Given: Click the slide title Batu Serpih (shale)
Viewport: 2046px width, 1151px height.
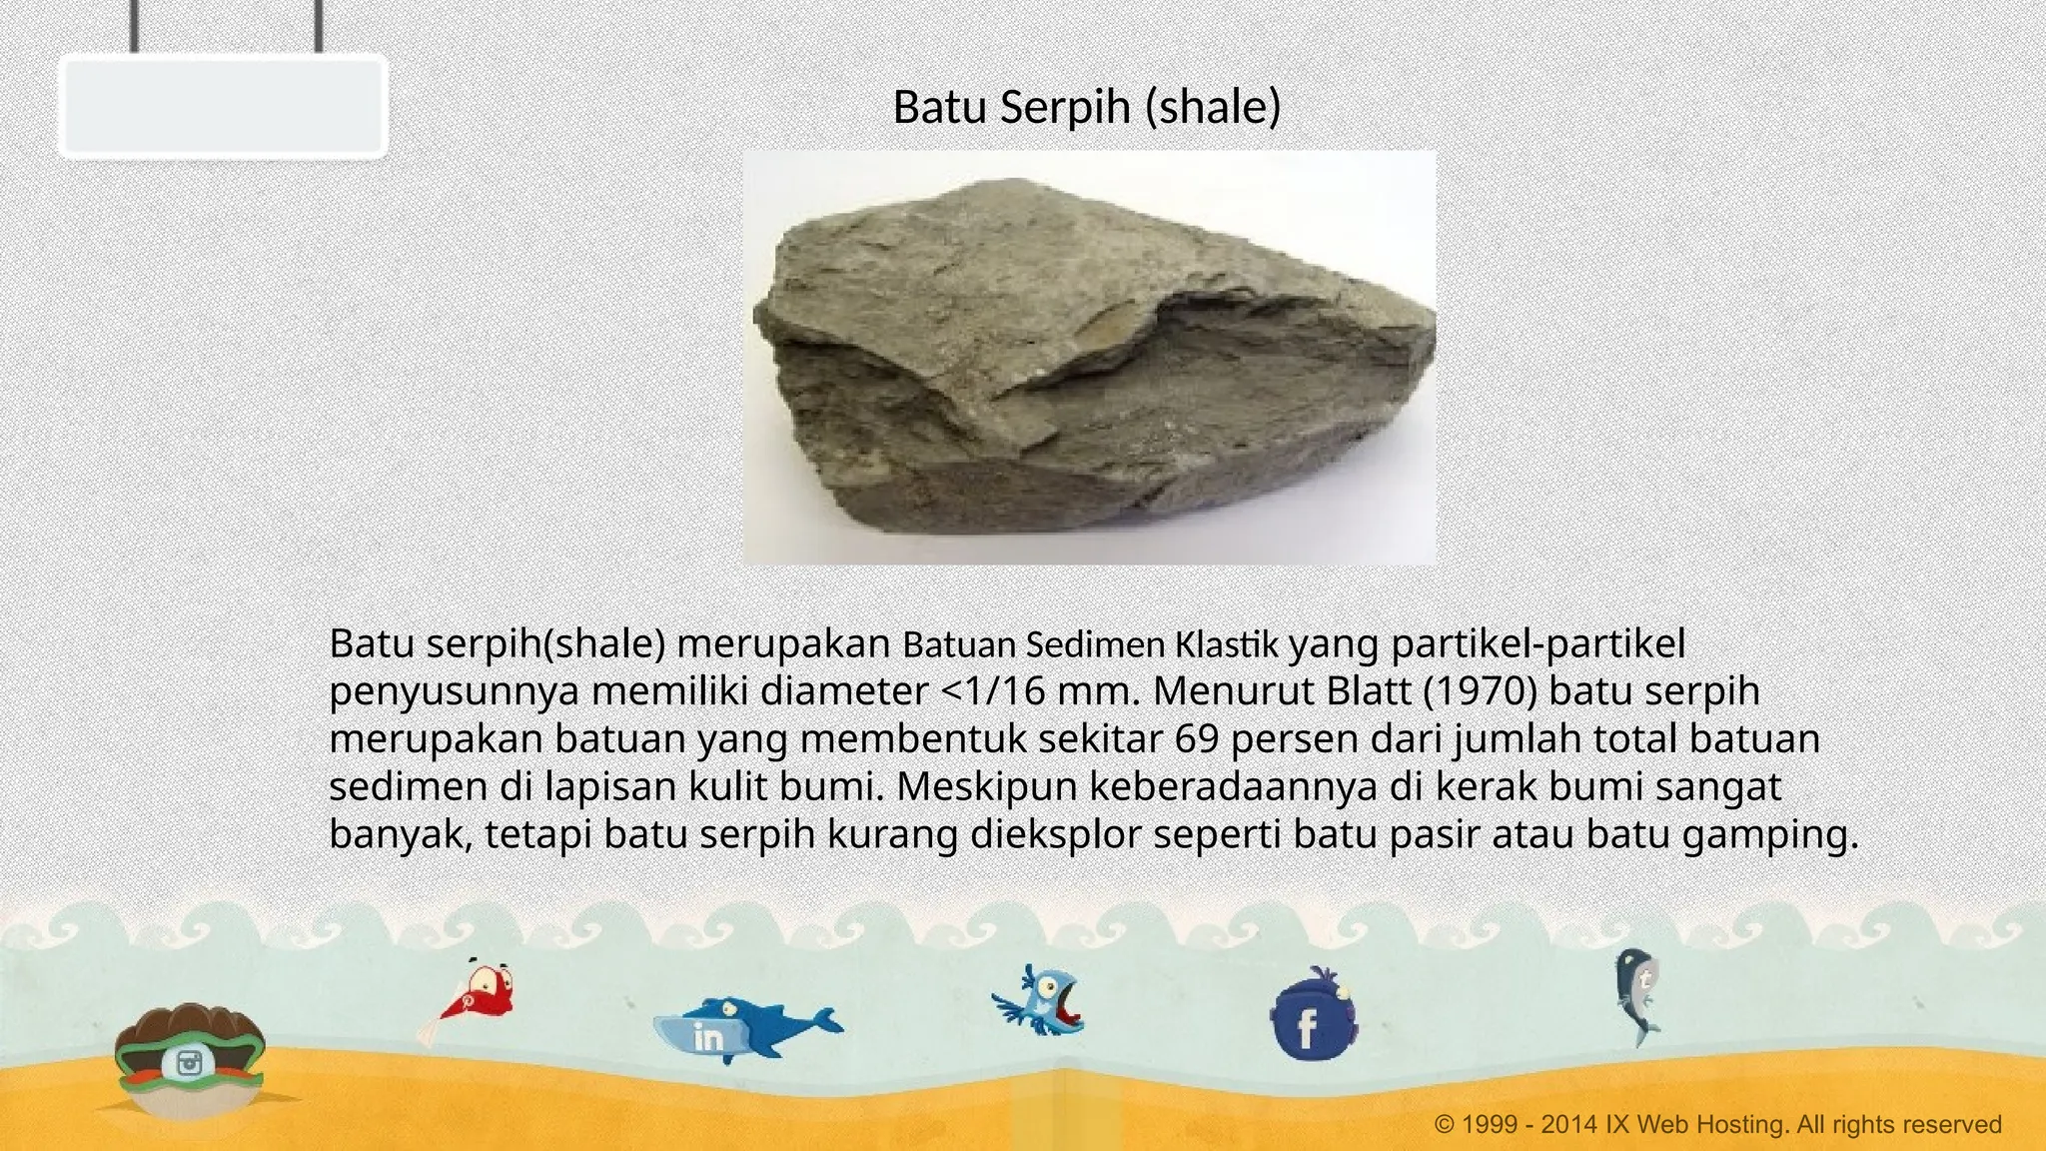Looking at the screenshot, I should tap(1086, 107).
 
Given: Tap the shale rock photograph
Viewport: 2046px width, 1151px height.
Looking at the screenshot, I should tap(1089, 358).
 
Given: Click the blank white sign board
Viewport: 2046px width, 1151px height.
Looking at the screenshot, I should tap(223, 106).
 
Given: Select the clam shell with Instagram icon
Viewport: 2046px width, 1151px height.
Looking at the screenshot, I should tap(189, 1059).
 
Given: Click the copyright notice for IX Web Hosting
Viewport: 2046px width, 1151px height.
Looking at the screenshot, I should tap(1717, 1125).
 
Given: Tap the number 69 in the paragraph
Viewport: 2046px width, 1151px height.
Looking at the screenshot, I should tap(1197, 739).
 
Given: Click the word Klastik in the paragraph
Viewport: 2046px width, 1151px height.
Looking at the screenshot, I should tap(1226, 644).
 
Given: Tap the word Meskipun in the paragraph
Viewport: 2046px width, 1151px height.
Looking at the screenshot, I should tap(986, 787).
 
